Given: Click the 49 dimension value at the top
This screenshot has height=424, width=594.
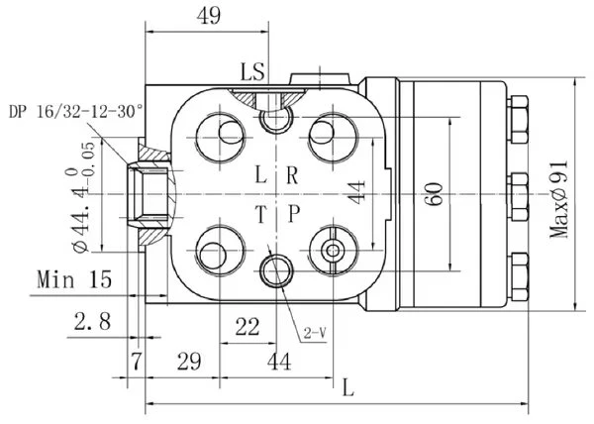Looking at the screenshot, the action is [208, 16].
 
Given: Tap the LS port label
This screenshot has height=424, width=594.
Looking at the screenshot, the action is [252, 72].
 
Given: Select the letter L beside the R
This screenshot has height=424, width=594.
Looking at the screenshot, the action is [261, 175].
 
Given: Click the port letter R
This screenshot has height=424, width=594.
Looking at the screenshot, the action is [292, 175].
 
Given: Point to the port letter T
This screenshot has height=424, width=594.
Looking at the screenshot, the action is [261, 214].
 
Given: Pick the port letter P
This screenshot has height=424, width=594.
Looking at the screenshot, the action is [294, 214].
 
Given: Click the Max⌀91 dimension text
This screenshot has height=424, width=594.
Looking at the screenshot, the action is [559, 200].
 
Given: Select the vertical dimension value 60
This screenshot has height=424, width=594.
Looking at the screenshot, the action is [435, 194].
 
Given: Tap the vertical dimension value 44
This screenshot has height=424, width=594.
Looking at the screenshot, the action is [356, 192].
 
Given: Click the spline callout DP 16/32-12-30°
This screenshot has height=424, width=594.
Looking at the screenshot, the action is [76, 112].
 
